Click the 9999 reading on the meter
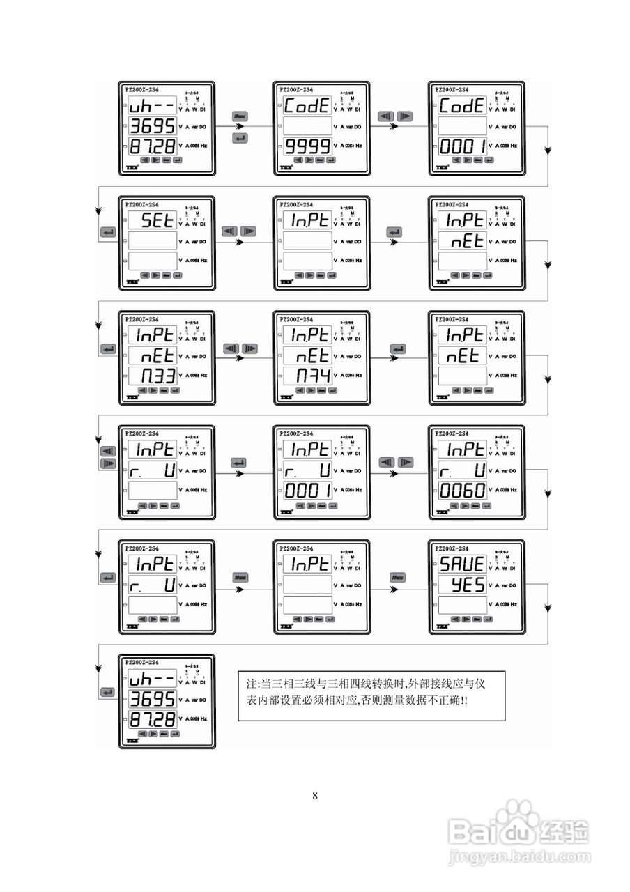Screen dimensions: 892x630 click(x=307, y=146)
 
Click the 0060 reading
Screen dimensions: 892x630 click(x=462, y=491)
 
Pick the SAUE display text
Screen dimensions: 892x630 click(x=462, y=564)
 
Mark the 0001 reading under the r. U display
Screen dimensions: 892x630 click(x=307, y=491)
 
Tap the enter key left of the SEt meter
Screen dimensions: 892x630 click(x=108, y=232)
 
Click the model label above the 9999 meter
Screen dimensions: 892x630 click(x=296, y=90)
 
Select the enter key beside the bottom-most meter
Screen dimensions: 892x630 click(x=108, y=692)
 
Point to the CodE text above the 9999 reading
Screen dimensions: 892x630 click(x=307, y=107)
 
